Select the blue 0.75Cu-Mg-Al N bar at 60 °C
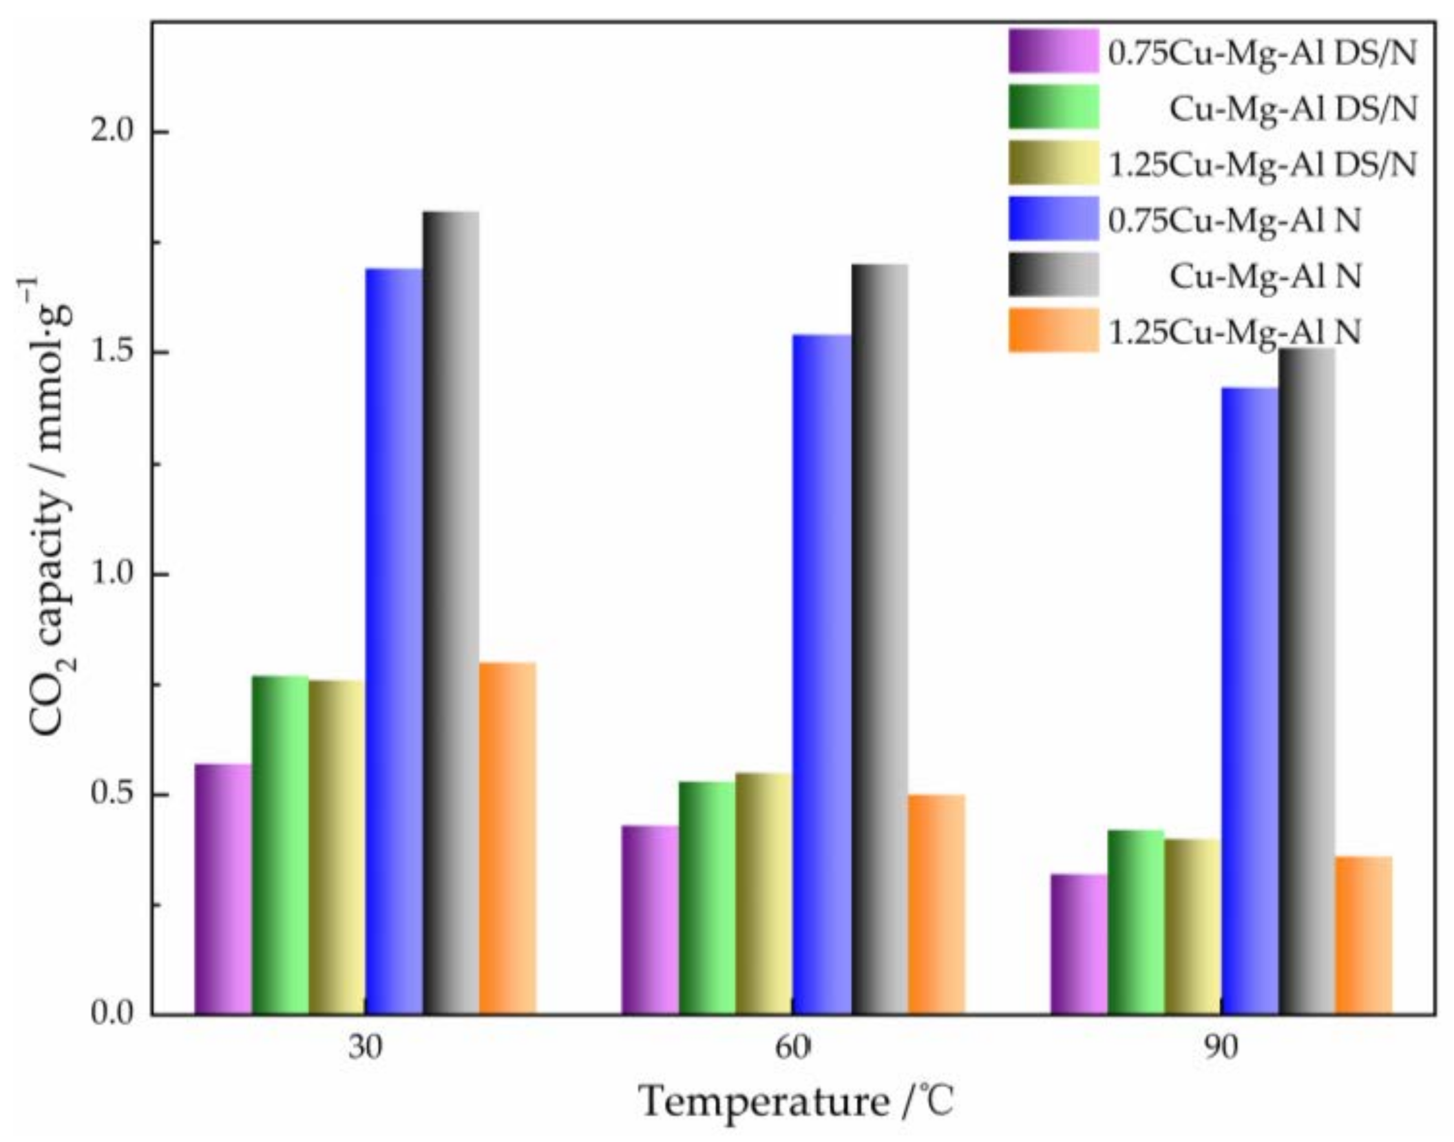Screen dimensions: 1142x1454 pyautogui.click(x=821, y=675)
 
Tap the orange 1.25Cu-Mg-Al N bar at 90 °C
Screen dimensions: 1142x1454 pyautogui.click(x=1364, y=935)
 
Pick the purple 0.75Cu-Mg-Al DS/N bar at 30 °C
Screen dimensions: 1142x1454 pyautogui.click(x=222, y=889)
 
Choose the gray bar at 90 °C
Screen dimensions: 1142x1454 pyautogui.click(x=1306, y=681)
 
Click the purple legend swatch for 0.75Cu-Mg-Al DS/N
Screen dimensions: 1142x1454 pyautogui.click(x=1053, y=51)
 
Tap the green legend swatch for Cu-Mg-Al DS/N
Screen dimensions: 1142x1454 pyautogui.click(x=1053, y=106)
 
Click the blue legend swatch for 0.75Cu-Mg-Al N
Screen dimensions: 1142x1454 pyautogui.click(x=1053, y=218)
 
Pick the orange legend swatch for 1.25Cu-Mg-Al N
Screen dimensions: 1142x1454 pyautogui.click(x=1053, y=331)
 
